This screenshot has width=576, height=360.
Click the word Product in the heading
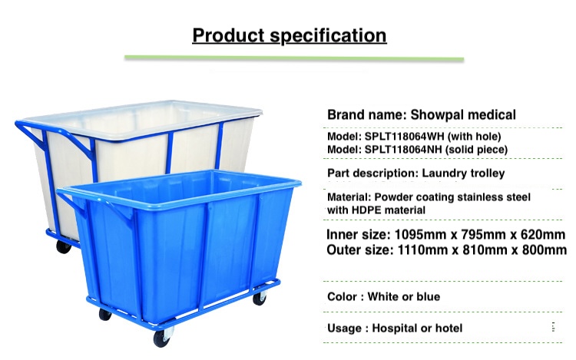[229, 35]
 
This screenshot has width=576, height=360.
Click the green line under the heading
[294, 58]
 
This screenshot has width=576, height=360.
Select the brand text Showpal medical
[463, 114]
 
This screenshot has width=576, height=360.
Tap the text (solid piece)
[476, 150]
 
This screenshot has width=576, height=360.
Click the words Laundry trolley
[463, 173]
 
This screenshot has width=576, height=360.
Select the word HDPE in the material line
[368, 210]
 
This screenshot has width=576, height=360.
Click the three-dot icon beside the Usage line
[553, 326]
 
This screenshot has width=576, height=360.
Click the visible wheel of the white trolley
[64, 247]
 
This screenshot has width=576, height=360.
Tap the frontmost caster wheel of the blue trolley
[163, 338]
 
